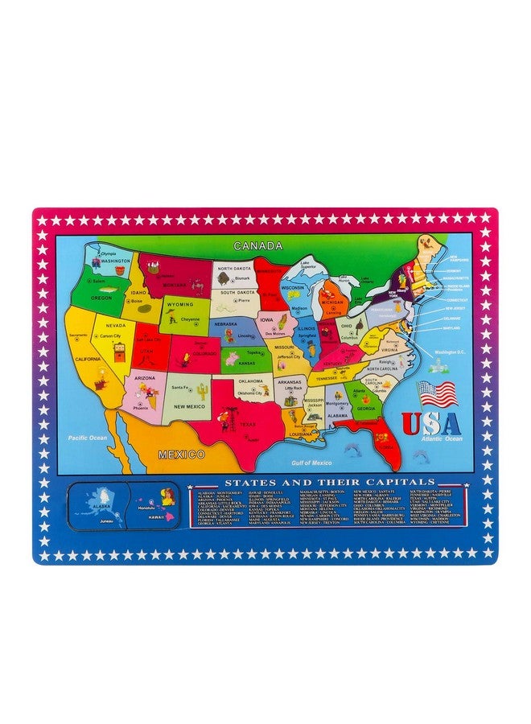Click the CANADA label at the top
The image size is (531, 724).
click(x=257, y=245)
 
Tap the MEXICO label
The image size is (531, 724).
click(x=181, y=455)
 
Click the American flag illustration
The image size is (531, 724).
click(x=438, y=394)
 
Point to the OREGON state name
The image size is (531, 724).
click(x=102, y=297)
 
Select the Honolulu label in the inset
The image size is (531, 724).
click(x=146, y=508)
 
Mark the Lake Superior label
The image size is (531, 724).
click(x=308, y=264)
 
